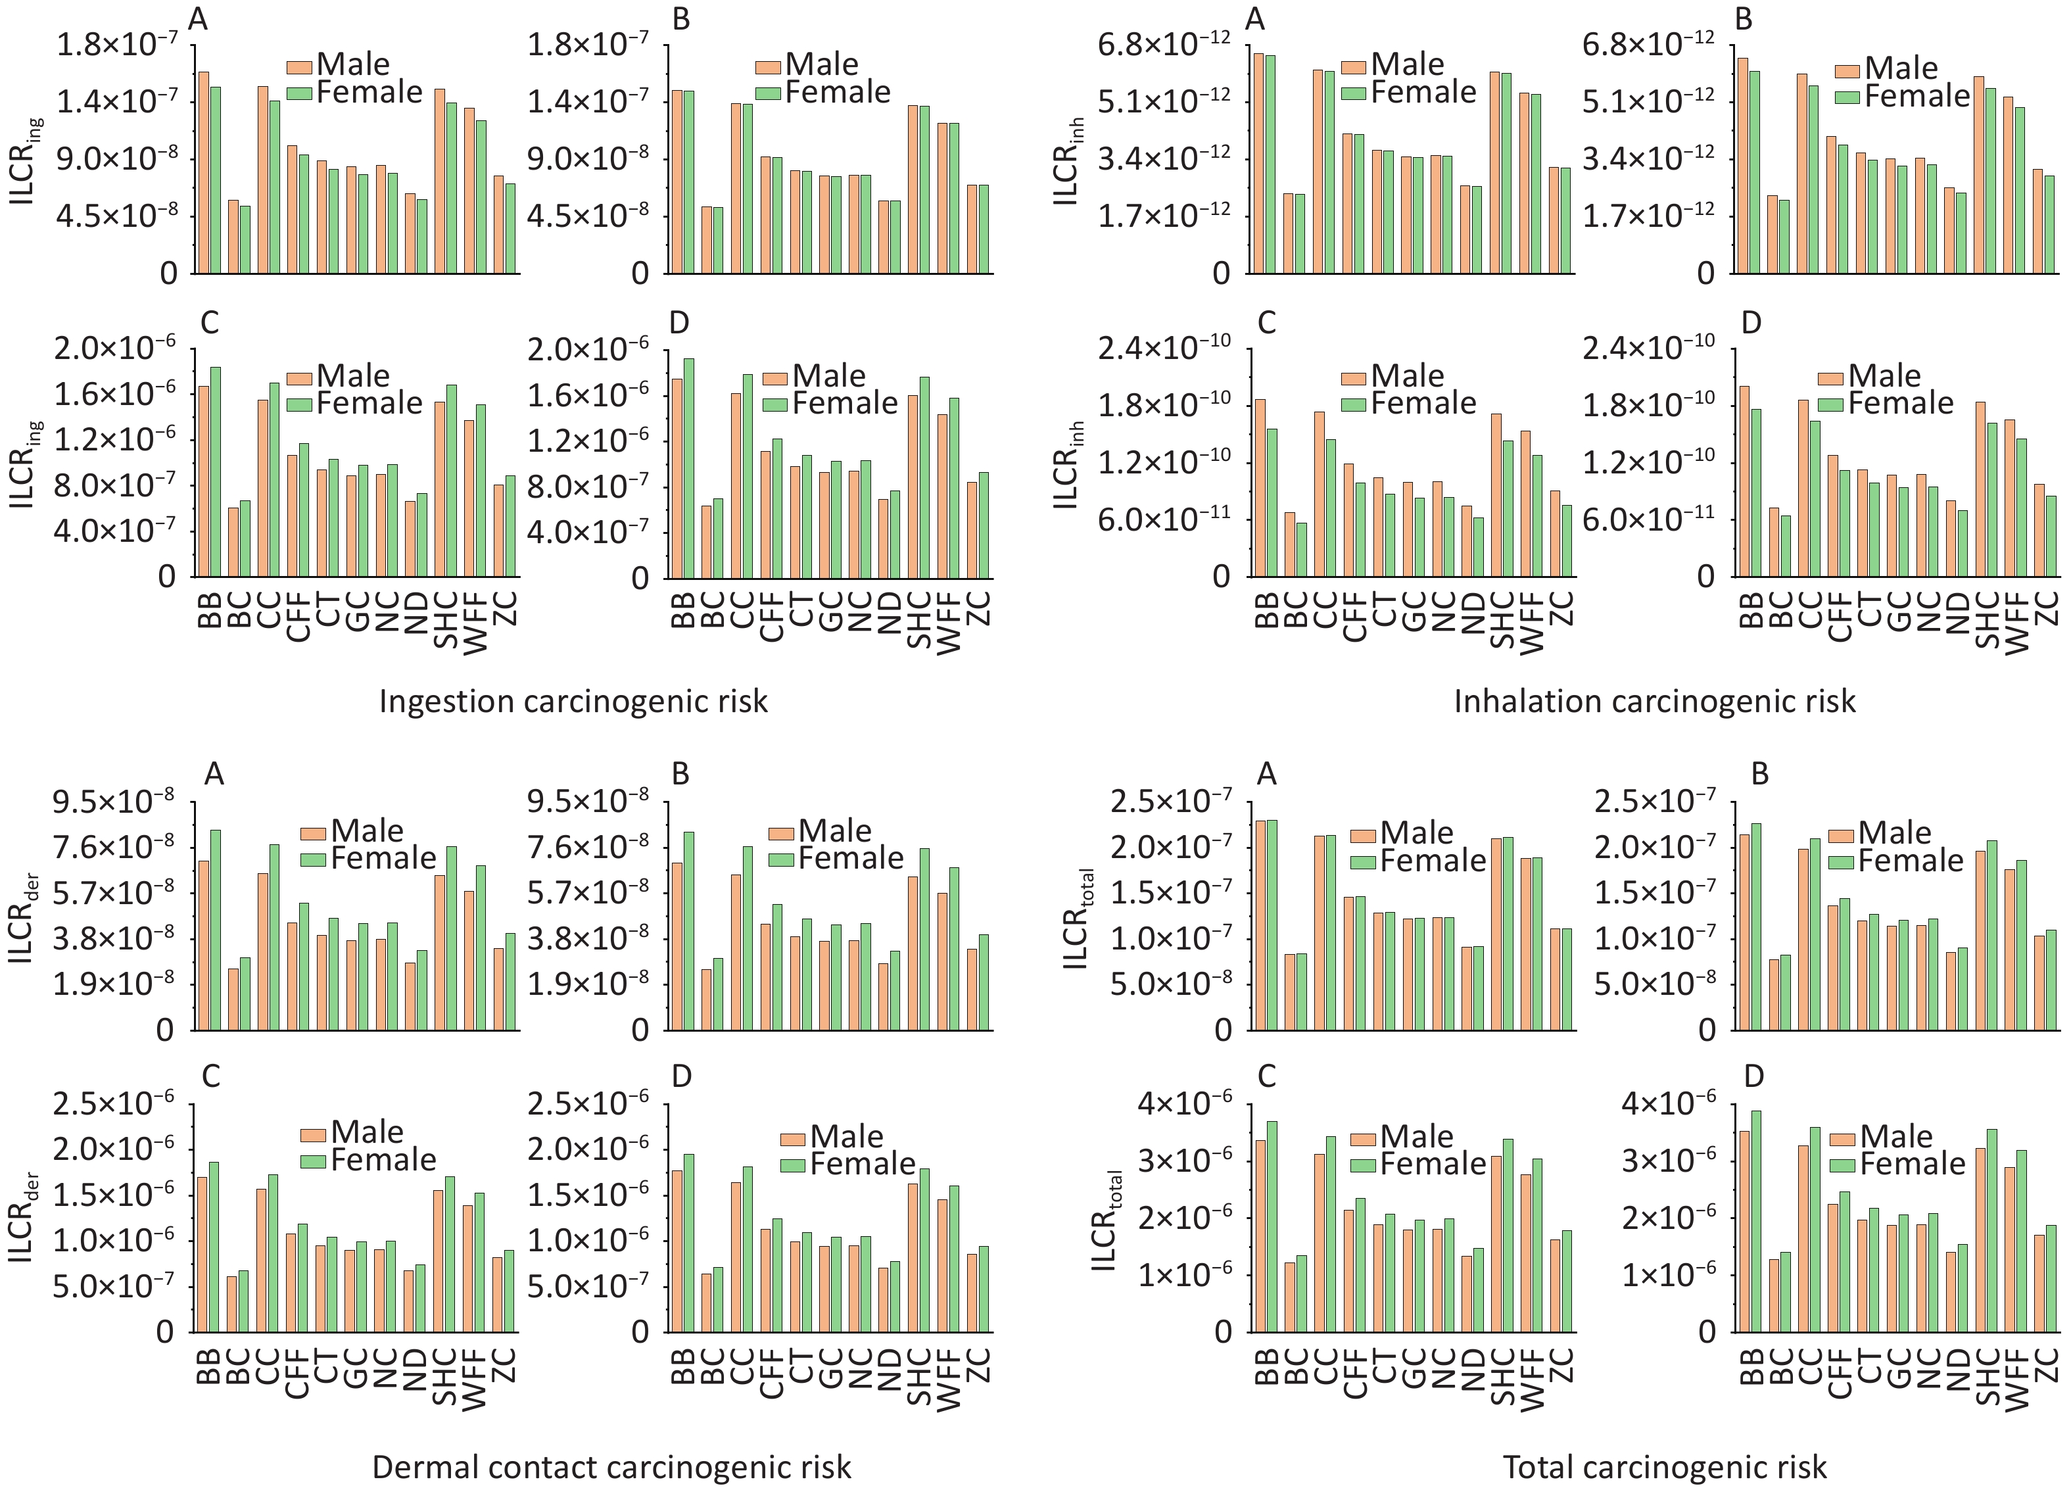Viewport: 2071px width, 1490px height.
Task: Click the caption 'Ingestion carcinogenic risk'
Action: point(573,701)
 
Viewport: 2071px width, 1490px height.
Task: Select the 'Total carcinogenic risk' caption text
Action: point(1665,1467)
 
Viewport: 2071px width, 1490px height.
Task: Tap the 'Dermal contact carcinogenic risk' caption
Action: point(611,1467)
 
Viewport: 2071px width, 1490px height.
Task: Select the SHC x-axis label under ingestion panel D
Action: point(920,620)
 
